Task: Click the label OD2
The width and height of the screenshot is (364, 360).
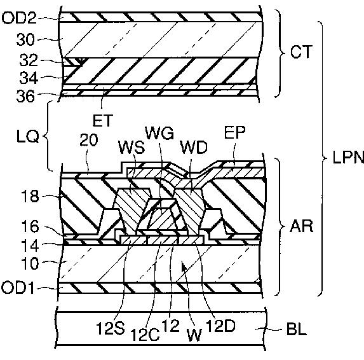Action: click(x=19, y=18)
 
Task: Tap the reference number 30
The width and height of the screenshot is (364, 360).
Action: click(x=25, y=39)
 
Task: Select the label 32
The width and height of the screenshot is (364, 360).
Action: click(x=29, y=60)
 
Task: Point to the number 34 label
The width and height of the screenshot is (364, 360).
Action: click(x=29, y=78)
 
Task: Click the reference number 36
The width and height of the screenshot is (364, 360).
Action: click(x=25, y=96)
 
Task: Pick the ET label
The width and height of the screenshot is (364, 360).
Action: click(x=103, y=120)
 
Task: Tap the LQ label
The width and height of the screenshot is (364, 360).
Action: click(x=27, y=136)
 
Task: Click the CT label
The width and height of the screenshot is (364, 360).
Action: click(x=301, y=52)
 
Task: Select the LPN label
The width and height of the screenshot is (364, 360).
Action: click(x=348, y=158)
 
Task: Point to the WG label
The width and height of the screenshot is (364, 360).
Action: click(x=159, y=133)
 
